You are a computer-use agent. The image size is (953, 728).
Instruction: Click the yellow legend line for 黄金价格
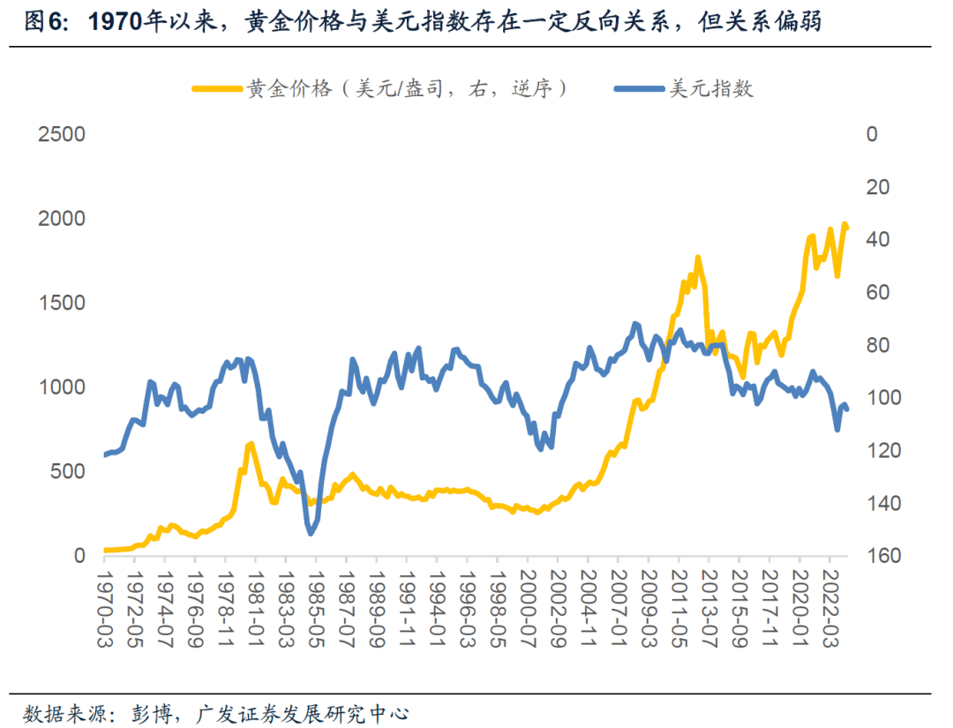click(216, 88)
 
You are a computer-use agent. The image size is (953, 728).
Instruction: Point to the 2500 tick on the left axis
click(61, 135)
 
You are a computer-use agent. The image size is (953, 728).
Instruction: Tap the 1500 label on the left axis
click(61, 304)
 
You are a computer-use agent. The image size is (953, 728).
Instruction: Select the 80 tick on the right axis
click(876, 345)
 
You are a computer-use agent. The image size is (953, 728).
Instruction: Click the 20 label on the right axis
click(876, 187)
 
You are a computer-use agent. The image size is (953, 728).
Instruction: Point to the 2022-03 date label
click(829, 609)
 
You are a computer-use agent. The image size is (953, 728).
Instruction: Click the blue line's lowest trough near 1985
click(311, 532)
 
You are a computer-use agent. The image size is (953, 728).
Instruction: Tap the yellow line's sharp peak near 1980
click(251, 444)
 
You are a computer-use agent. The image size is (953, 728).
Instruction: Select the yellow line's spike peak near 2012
click(697, 258)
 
